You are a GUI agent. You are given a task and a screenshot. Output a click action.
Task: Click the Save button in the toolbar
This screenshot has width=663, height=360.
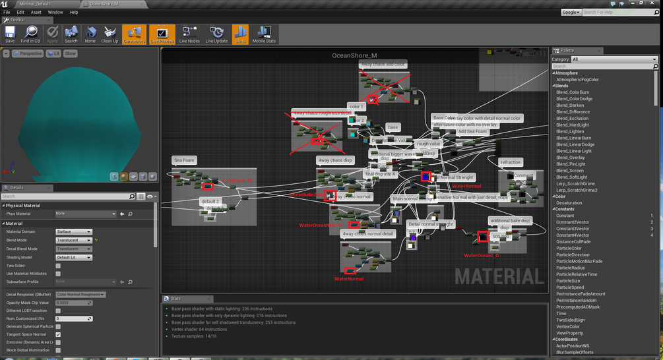(10, 34)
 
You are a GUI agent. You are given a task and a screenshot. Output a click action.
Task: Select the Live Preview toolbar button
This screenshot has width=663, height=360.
(162, 34)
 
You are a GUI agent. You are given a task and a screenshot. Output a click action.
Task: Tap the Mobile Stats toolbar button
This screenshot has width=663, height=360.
(264, 34)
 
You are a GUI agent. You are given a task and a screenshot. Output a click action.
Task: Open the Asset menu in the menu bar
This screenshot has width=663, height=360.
(36, 12)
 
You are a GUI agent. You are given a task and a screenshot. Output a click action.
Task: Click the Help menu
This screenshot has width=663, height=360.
(73, 12)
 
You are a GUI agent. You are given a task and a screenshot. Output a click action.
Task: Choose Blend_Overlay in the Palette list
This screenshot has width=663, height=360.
(571, 158)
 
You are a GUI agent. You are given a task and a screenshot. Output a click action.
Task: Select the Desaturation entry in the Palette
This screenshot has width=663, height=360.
(569, 203)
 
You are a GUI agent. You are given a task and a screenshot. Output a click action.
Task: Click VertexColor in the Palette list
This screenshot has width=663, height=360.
(569, 326)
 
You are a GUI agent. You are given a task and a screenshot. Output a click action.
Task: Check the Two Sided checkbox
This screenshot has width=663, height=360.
(58, 265)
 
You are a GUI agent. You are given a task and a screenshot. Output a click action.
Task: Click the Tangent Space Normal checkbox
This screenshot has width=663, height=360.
(58, 334)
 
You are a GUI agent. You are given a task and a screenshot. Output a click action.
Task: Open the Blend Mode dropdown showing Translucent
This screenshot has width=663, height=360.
(73, 240)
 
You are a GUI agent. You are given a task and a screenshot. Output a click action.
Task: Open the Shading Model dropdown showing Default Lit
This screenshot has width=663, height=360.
(73, 257)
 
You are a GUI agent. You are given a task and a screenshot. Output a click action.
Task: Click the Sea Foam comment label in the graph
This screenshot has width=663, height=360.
(184, 160)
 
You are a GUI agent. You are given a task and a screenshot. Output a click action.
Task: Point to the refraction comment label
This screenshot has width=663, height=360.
(511, 162)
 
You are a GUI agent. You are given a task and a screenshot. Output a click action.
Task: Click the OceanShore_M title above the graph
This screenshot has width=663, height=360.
(354, 55)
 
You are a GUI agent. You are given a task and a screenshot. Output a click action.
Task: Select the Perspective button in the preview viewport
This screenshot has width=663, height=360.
(28, 53)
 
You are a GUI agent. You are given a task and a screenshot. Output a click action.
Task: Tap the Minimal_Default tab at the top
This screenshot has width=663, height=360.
(36, 3)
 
